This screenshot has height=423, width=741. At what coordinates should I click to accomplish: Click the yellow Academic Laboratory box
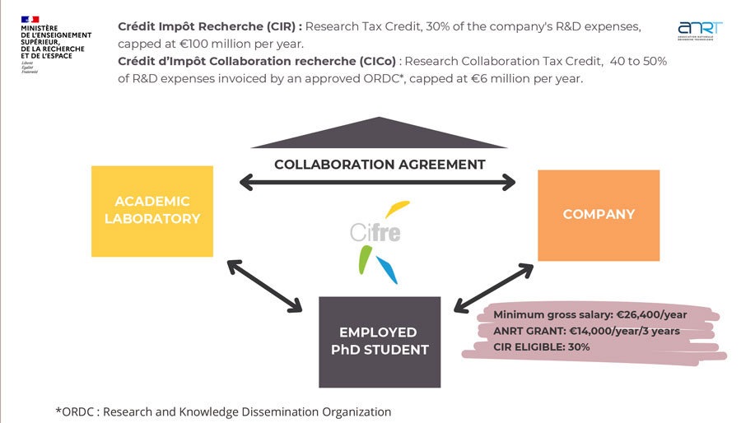point(152,210)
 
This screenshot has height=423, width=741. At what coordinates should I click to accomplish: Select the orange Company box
point(599,215)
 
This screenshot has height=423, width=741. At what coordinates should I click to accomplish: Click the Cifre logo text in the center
point(375,232)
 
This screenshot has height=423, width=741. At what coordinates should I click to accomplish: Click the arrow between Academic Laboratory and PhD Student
point(264,286)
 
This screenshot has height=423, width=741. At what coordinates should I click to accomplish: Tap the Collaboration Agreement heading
point(380,164)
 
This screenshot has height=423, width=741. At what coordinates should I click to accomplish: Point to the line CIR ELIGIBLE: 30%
point(542,346)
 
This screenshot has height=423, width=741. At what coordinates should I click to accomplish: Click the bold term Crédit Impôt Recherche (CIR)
point(209,26)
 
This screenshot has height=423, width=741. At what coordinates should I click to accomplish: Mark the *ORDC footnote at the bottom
point(223,411)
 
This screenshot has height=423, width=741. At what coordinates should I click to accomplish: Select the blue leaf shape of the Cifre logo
point(386,270)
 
